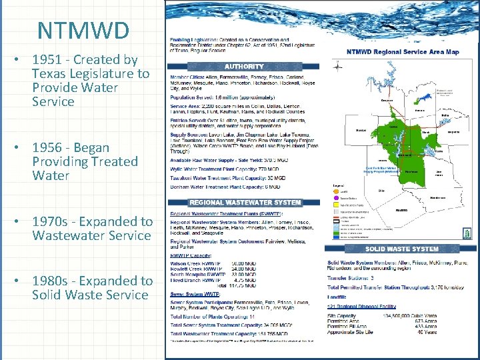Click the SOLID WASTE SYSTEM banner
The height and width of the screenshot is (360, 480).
click(401, 249)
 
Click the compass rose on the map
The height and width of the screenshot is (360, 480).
click(337, 65)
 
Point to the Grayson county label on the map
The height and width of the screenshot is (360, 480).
click(387, 101)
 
